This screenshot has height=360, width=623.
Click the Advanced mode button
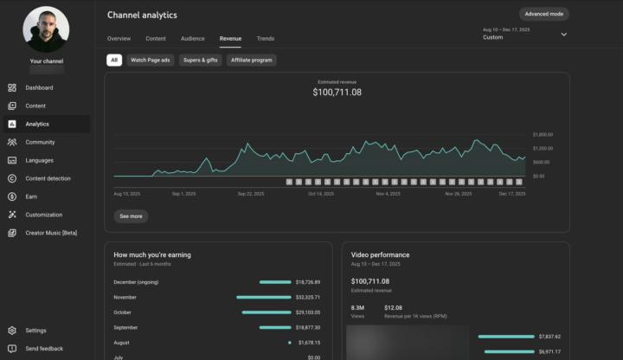[x=544, y=14]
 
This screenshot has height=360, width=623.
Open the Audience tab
[x=193, y=39]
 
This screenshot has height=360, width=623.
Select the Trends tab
[x=266, y=39]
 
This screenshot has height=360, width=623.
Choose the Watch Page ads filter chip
[x=151, y=61]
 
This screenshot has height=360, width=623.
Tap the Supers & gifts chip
[x=199, y=61]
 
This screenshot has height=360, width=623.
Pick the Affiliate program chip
[x=251, y=61]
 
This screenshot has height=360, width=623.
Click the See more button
[x=131, y=215]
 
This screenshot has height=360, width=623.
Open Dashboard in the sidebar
[x=39, y=87]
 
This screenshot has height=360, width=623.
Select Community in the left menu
[x=40, y=142]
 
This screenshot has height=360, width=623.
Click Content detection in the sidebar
[x=48, y=178]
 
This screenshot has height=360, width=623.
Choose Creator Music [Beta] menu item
[x=51, y=233]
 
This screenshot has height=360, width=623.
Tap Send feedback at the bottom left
[x=44, y=349]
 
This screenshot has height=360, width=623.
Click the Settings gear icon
[x=12, y=331]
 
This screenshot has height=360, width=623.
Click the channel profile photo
[x=46, y=29]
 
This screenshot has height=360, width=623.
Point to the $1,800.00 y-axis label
[x=543, y=134]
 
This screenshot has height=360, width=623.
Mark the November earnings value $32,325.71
[x=307, y=297]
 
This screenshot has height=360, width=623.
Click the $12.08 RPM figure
[x=393, y=307]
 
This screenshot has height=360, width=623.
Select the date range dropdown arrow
[x=564, y=35]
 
